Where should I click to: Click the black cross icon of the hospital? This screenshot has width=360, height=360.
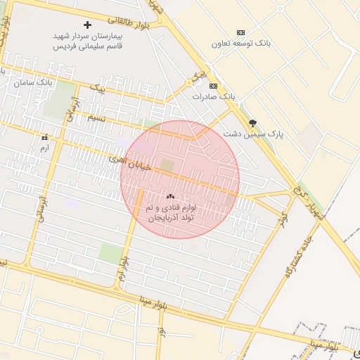pyautogui.click(x=87, y=25)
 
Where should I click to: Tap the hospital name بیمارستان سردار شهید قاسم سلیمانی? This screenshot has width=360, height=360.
pyautogui.click(x=87, y=40)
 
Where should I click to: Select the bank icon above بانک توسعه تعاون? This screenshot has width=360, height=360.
pyautogui.click(x=241, y=32)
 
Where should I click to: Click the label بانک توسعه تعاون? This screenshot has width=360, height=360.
pyautogui.click(x=241, y=44)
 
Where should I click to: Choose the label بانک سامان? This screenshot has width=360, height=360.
pyautogui.click(x=34, y=83)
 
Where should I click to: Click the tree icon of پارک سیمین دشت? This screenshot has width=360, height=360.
pyautogui.click(x=252, y=122)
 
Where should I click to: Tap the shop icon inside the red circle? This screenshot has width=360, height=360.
pyautogui.click(x=170, y=196)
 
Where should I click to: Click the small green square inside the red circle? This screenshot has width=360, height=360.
pyautogui.click(x=167, y=165)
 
